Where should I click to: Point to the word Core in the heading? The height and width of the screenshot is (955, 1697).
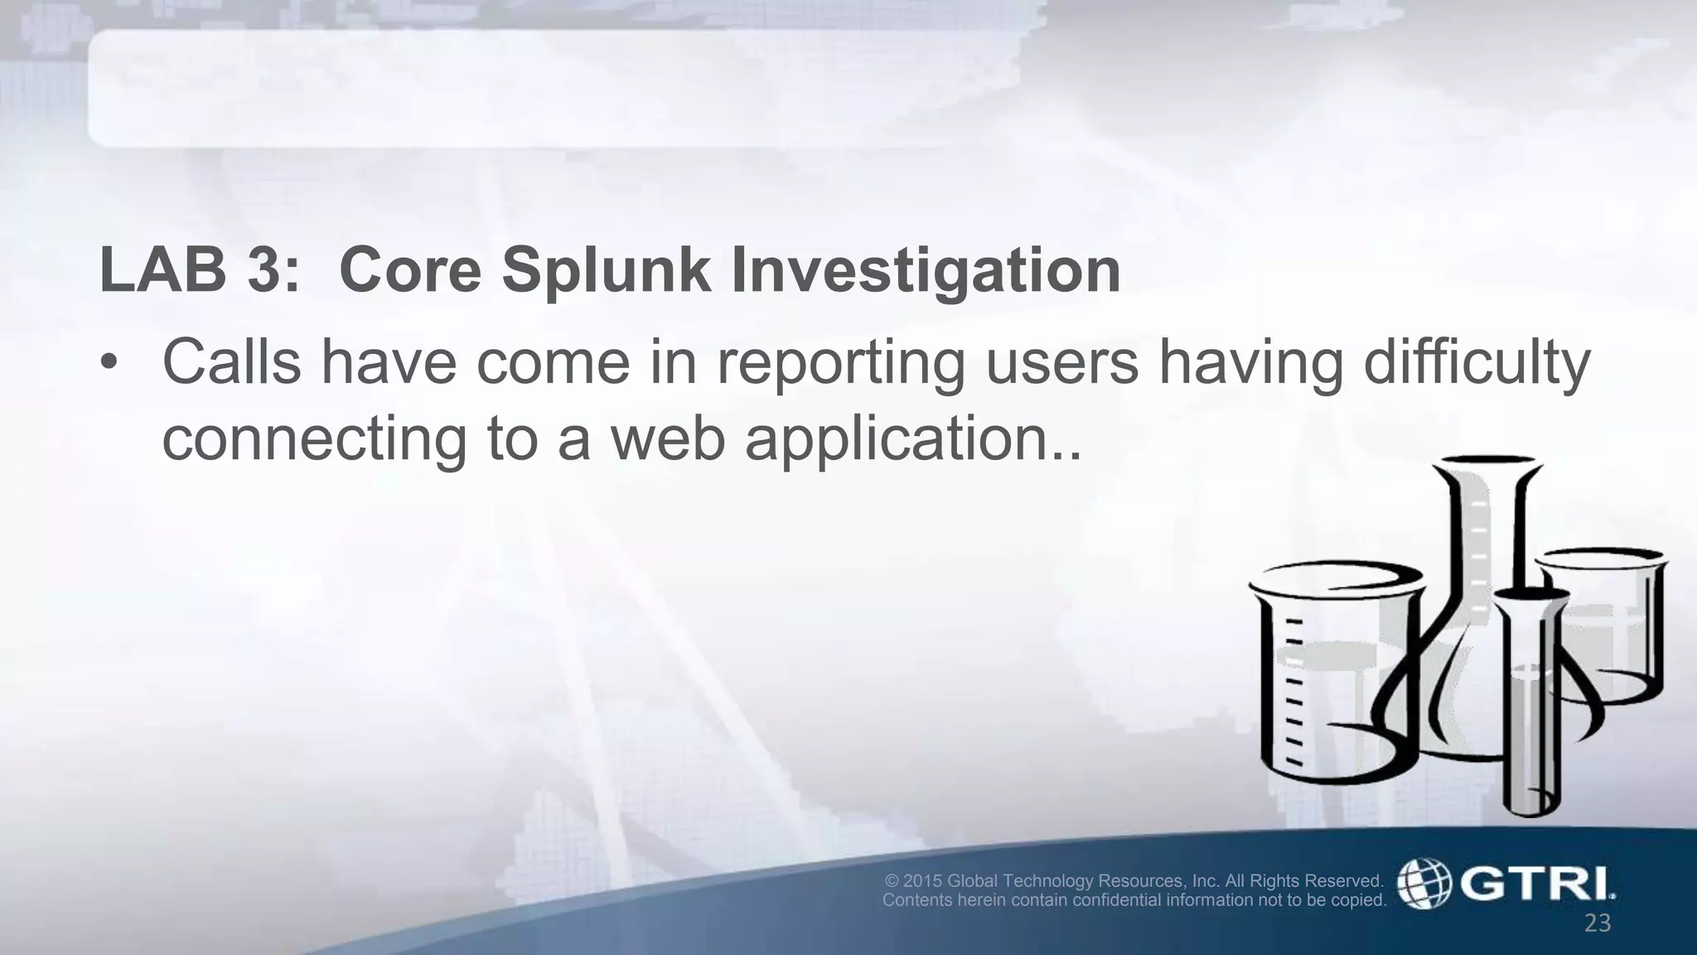(410, 271)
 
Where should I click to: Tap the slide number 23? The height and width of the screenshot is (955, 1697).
(1597, 923)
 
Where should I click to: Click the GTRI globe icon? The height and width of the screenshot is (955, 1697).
(1424, 884)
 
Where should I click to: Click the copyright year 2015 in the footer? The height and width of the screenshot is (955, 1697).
(923, 880)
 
